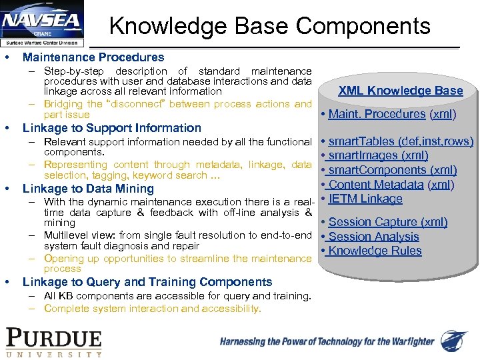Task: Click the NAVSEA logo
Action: (x=42, y=25)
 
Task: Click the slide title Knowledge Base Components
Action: (x=269, y=26)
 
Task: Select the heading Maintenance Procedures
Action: (x=93, y=57)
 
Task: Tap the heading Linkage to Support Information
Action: (x=111, y=128)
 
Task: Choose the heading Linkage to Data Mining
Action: (x=88, y=189)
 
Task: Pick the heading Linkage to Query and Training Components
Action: (x=147, y=282)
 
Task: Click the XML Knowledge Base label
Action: (x=400, y=91)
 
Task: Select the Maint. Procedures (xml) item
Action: (x=392, y=114)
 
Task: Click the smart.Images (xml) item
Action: (x=378, y=155)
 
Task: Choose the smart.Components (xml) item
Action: (x=393, y=170)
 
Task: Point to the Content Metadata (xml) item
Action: (x=391, y=185)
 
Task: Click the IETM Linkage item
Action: (x=365, y=199)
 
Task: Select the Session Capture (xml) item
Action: (x=388, y=222)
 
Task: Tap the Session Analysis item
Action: (x=373, y=237)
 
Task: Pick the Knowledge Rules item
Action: (x=375, y=251)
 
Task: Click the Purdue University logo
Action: (x=54, y=341)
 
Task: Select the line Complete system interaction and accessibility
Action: (x=153, y=309)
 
